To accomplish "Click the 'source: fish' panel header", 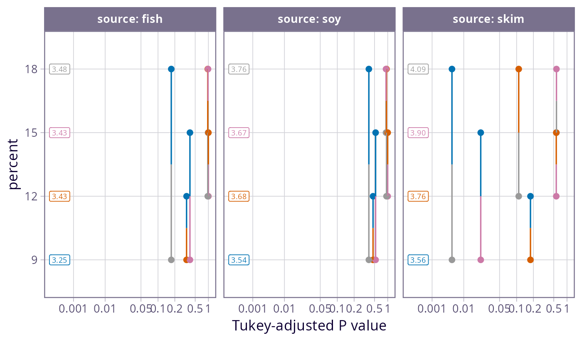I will click(130, 19).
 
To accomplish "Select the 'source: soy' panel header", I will click(309, 19).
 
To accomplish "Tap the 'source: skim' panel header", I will click(488, 19).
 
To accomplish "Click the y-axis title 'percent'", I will click(14, 164).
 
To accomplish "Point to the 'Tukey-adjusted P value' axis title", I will click(309, 325).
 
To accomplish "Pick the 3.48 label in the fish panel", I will click(59, 69).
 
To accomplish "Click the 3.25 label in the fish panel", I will click(59, 260).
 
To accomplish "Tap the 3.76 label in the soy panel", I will click(239, 69).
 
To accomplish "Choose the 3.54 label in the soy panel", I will click(239, 260).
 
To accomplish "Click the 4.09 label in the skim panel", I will click(418, 69).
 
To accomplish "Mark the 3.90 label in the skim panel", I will click(418, 133).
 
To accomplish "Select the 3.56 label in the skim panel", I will click(418, 260).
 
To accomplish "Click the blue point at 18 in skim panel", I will click(452, 69).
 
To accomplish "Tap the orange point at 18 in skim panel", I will click(518, 69).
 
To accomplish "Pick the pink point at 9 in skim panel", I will click(481, 260).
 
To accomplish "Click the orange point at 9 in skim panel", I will click(530, 260).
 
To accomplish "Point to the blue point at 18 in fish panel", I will click(171, 69).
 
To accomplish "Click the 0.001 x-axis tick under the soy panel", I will click(253, 309).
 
